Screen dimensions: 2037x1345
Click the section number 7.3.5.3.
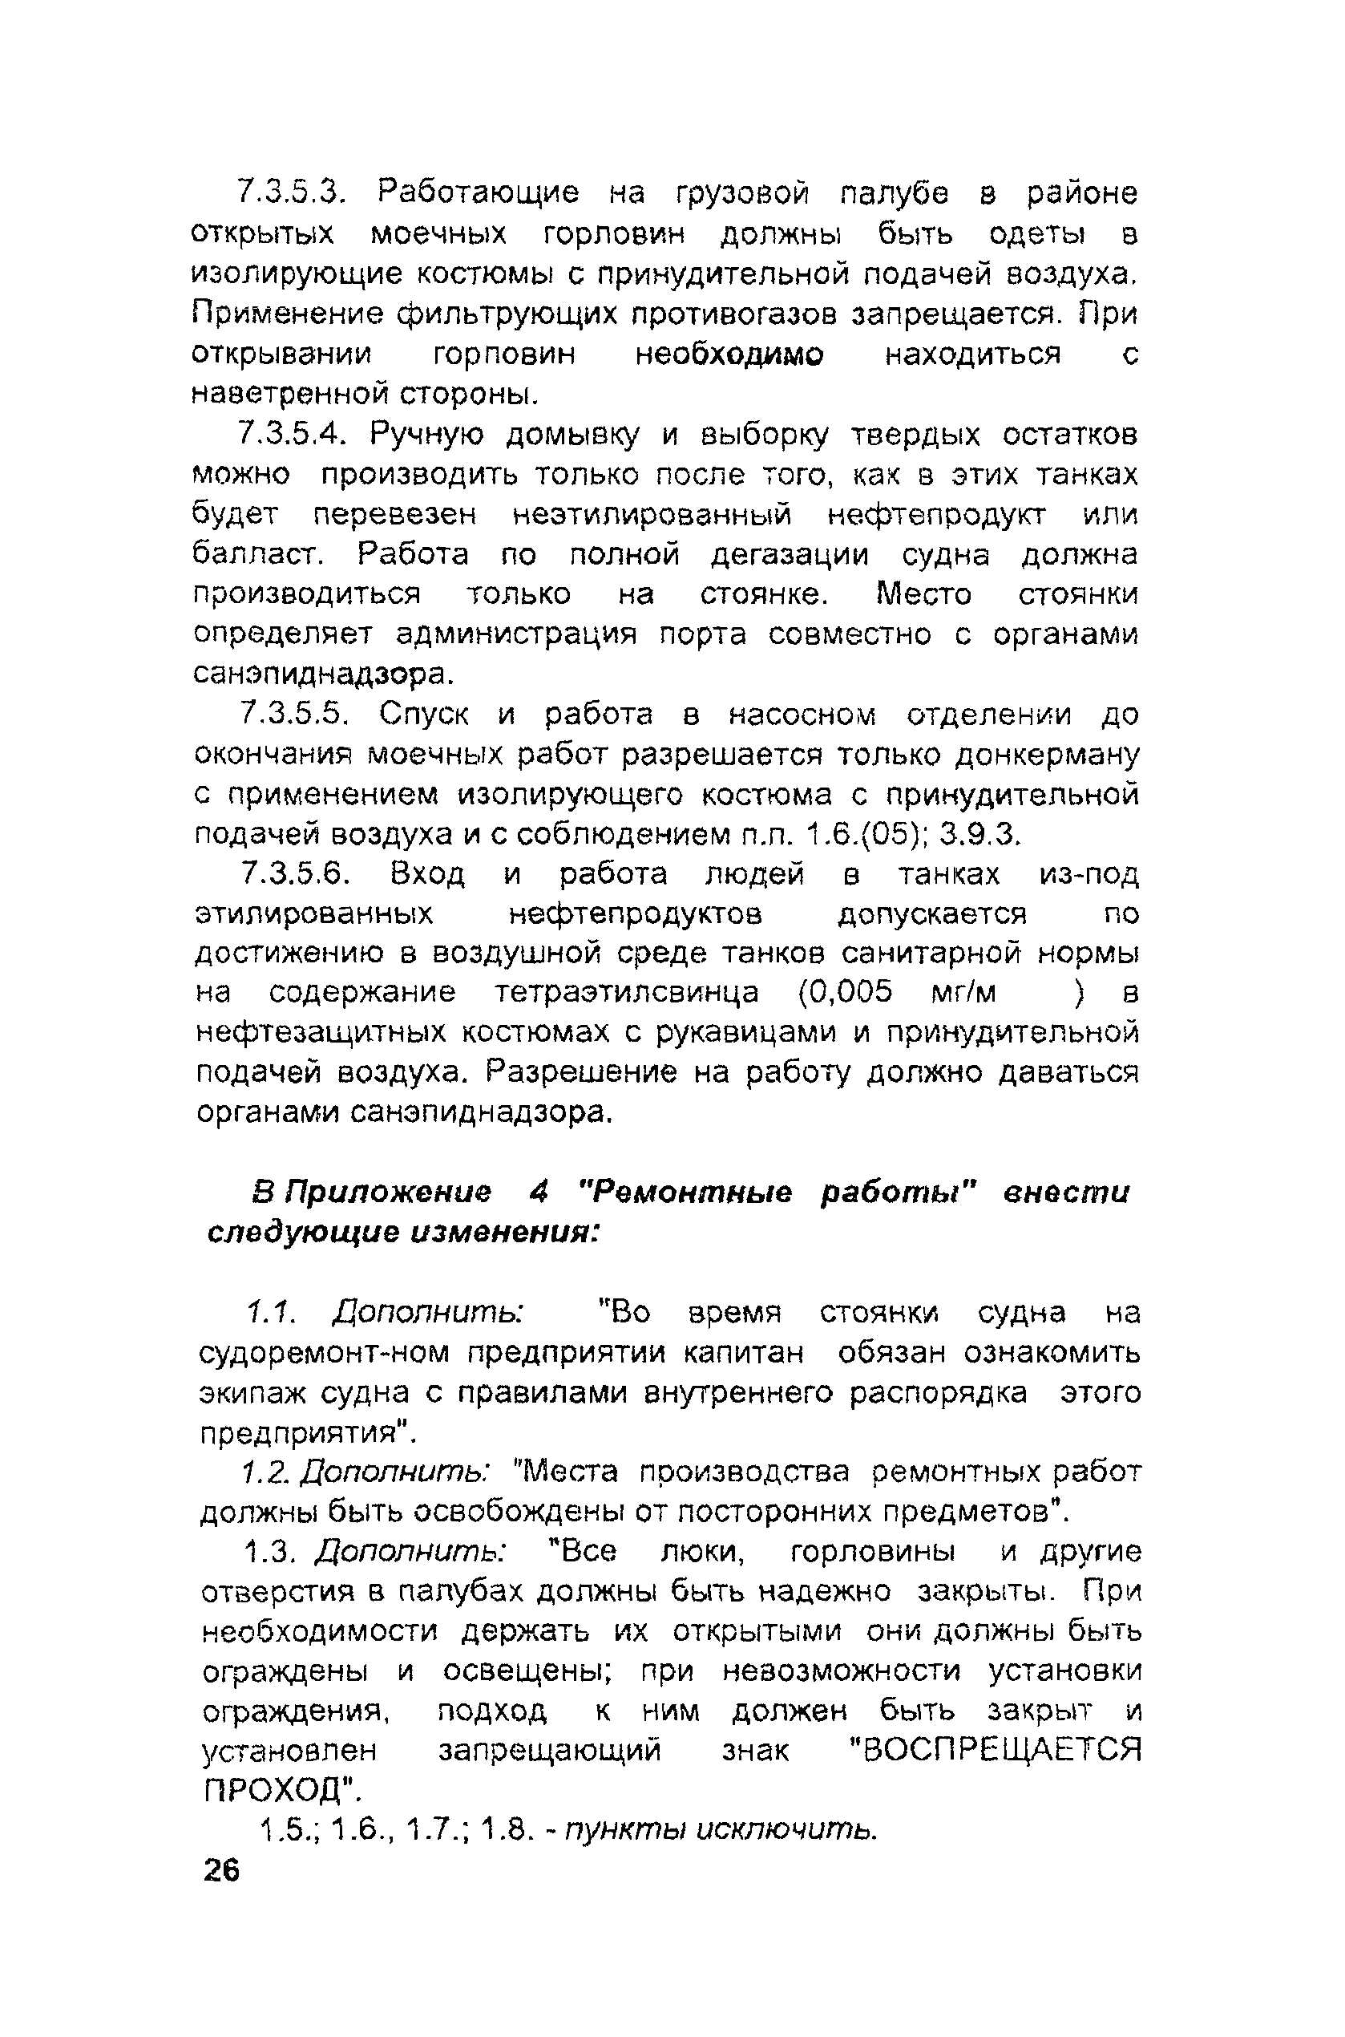click(x=291, y=192)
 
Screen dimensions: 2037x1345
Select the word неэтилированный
click(x=652, y=515)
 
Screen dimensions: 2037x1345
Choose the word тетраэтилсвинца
click(x=627, y=993)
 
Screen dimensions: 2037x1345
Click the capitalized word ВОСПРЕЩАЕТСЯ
click(x=994, y=1750)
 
